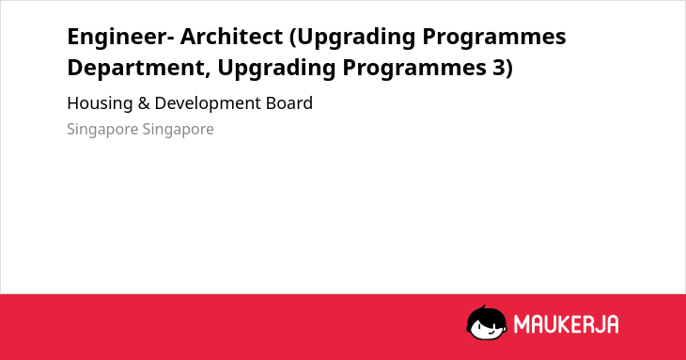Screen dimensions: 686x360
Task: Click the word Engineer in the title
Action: (x=117, y=38)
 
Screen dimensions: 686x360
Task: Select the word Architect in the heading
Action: (x=231, y=37)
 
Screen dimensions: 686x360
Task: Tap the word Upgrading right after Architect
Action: (x=352, y=38)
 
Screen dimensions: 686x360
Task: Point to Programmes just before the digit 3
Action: (x=414, y=69)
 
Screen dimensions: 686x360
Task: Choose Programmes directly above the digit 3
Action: (x=494, y=38)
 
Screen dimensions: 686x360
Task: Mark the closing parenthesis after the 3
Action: (x=508, y=69)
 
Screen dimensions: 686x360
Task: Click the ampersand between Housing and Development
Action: (x=144, y=103)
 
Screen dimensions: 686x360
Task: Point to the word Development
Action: (x=208, y=104)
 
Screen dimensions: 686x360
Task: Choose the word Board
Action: (x=289, y=103)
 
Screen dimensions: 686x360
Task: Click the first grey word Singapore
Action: (x=102, y=130)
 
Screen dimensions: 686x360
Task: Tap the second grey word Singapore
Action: (x=178, y=130)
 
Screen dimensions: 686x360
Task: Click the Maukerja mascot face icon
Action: (x=487, y=322)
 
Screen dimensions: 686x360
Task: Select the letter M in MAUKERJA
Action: (x=522, y=324)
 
